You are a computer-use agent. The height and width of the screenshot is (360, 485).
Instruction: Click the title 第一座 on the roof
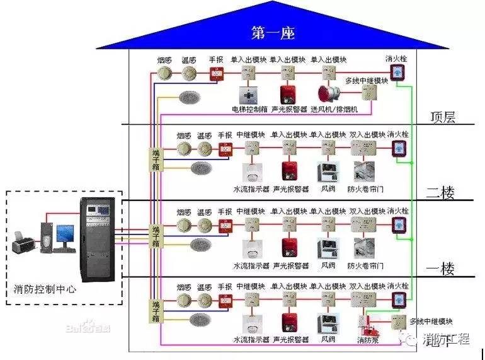coord(272,32)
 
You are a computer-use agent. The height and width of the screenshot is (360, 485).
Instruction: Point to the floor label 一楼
coord(441,269)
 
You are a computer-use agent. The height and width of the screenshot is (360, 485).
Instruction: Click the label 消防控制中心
coord(45,289)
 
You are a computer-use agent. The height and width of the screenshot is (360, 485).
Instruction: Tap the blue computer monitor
coord(64,235)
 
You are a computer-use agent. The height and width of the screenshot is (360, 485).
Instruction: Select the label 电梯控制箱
coord(250,110)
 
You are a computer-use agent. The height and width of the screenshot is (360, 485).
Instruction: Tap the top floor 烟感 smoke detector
coord(165,74)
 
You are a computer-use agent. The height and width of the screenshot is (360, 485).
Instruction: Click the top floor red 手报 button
coord(216,74)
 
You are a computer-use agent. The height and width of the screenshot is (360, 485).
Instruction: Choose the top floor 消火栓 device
coord(398,73)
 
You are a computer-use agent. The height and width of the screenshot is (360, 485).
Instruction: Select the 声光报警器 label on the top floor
coord(289,110)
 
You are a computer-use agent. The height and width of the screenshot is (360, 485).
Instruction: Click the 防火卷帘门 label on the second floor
coord(366,189)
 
